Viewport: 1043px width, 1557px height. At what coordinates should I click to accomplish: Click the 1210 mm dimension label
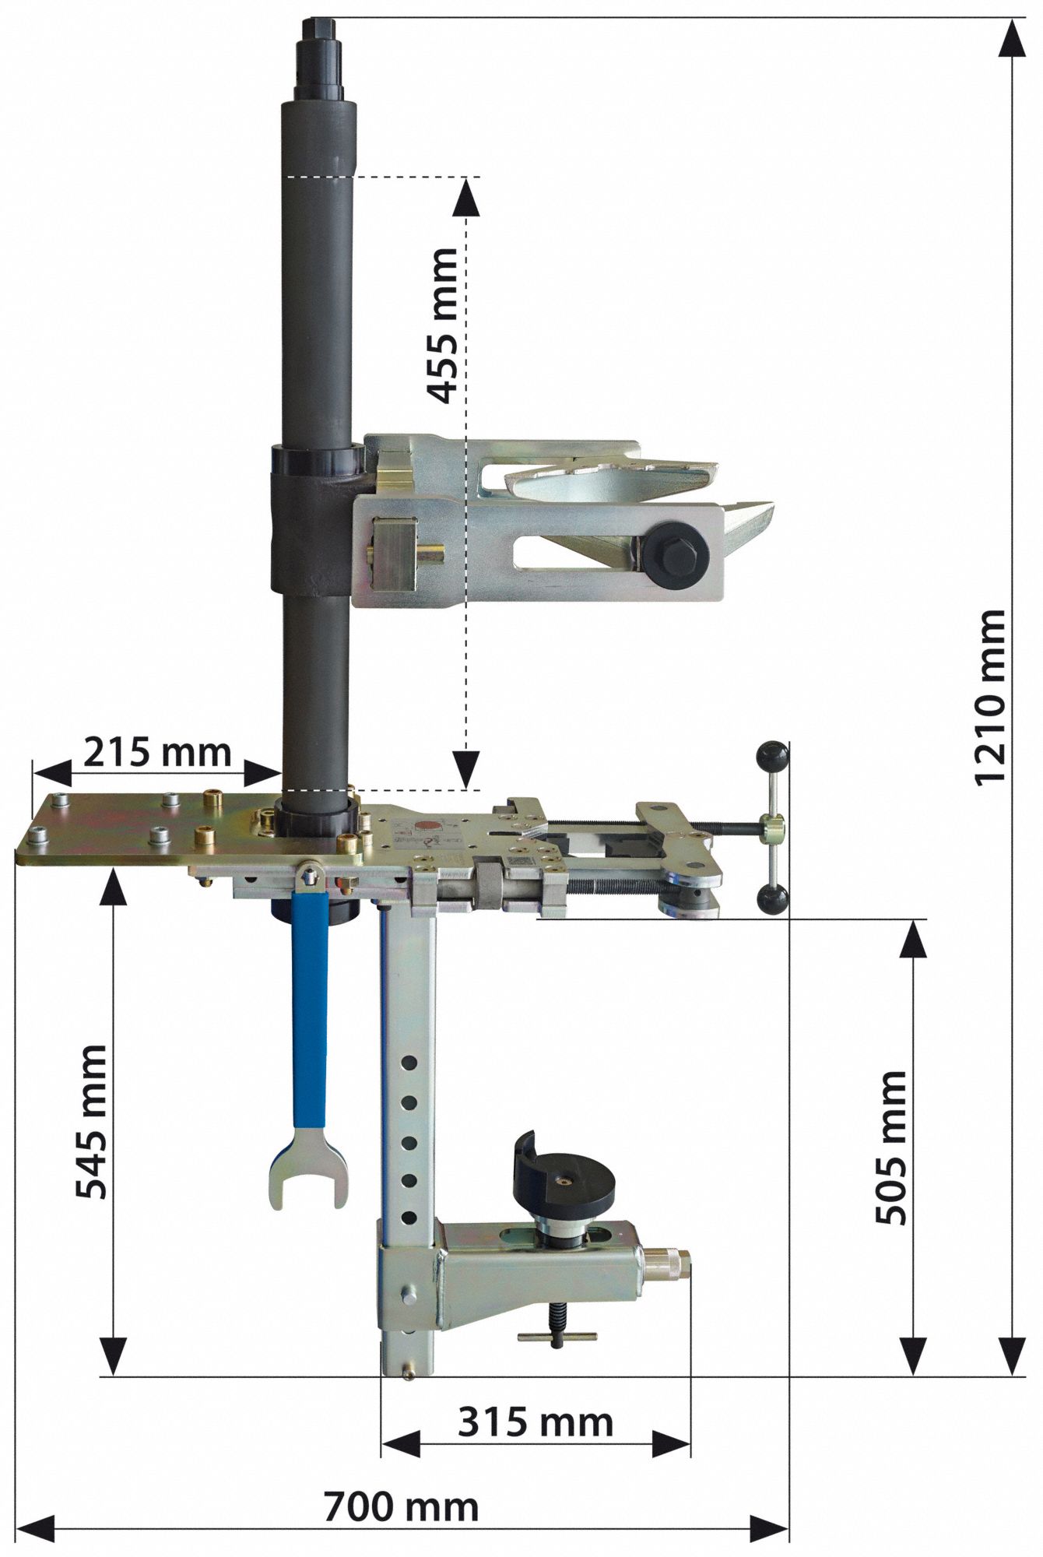click(990, 697)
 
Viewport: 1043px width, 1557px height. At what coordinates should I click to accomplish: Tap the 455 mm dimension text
click(444, 325)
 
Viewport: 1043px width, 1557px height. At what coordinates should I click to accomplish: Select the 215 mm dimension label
click(157, 753)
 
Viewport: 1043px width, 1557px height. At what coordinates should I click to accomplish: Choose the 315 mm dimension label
click(536, 1422)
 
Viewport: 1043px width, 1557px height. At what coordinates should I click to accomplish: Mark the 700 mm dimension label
click(401, 1507)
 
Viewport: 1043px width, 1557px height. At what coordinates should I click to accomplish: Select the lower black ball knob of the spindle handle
click(773, 900)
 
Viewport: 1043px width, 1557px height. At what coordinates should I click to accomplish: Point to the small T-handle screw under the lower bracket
click(557, 1336)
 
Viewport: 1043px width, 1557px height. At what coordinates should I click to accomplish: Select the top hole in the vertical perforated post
click(409, 1062)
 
